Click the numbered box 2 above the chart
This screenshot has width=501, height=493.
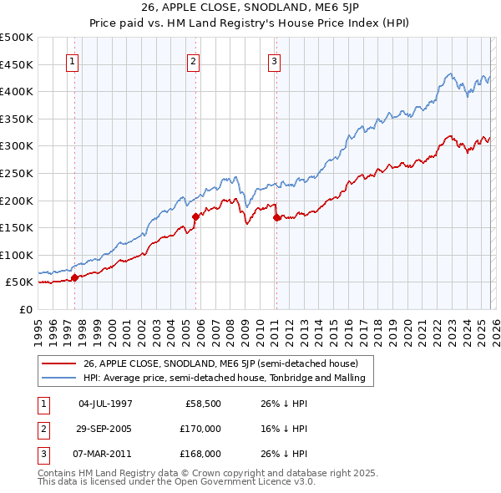(193, 61)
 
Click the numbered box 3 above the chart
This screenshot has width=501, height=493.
(274, 61)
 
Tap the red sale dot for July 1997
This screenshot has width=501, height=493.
(74, 277)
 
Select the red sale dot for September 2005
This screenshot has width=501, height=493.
(196, 216)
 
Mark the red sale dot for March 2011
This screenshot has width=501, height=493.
(276, 218)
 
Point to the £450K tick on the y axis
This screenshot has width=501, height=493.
(17, 64)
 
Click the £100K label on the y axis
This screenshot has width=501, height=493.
(17, 255)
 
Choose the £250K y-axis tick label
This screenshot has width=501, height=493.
(17, 173)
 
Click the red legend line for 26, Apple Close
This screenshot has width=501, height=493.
(58, 363)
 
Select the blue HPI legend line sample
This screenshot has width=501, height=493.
(58, 378)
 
